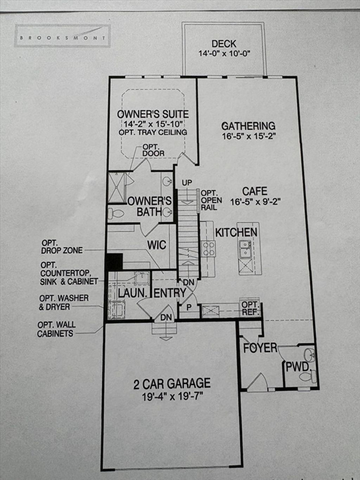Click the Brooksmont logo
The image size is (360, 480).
tap(63, 36)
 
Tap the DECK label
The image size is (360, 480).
tap(224, 44)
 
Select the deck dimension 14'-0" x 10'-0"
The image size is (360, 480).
tap(224, 53)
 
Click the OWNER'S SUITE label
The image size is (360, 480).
tap(153, 114)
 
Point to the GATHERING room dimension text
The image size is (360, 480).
tap(248, 136)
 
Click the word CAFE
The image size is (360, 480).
tap(255, 191)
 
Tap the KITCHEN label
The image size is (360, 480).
tap(236, 232)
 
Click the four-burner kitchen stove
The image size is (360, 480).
tap(208, 249)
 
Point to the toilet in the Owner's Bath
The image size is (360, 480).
tap(116, 213)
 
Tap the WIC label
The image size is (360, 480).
tap(157, 245)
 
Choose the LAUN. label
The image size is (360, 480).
tap(132, 293)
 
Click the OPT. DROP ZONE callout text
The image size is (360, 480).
tap(62, 247)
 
